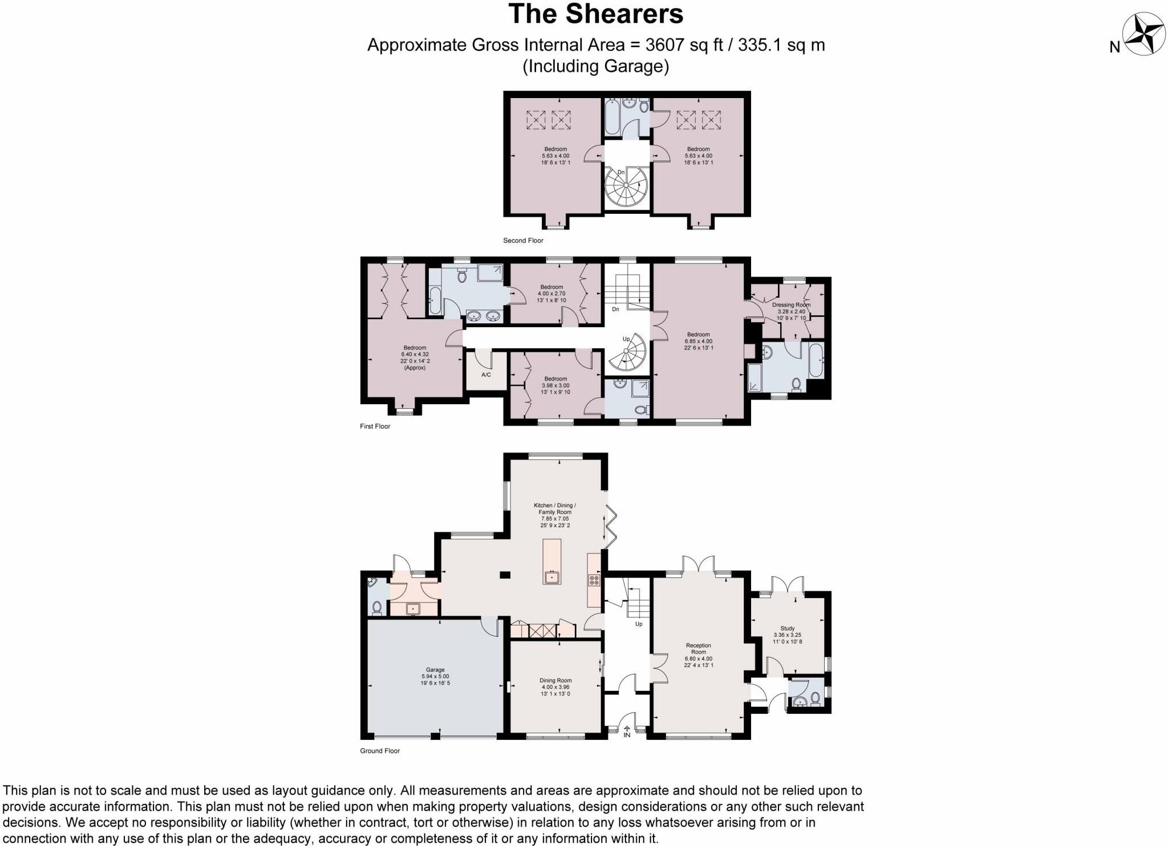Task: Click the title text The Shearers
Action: [595, 14]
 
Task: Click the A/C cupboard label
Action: [486, 375]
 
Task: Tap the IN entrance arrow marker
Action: [627, 731]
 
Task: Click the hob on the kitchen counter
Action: [594, 580]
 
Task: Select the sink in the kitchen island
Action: [551, 577]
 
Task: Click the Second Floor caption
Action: [523, 241]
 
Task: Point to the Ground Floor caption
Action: [380, 751]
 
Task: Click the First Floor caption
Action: [375, 426]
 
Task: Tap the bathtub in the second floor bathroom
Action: [613, 117]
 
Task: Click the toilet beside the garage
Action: [376, 608]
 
